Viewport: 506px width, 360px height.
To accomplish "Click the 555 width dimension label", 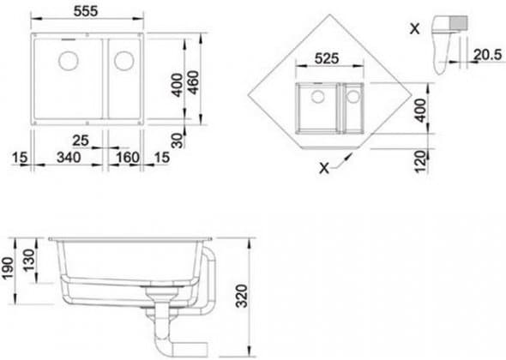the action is (86, 11).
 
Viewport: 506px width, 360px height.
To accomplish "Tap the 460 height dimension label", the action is (194, 82).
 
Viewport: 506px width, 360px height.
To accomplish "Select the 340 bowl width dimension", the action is (69, 158).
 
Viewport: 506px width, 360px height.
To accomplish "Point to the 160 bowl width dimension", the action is (128, 158).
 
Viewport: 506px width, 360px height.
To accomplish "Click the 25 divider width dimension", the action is (80, 141).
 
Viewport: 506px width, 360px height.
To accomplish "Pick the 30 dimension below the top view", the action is (177, 141).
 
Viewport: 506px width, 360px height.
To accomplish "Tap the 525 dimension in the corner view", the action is (327, 58).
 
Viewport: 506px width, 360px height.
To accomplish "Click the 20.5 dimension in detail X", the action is (488, 55).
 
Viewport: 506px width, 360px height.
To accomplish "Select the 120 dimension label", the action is (420, 161).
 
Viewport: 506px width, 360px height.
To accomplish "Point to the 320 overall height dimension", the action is (241, 296).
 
